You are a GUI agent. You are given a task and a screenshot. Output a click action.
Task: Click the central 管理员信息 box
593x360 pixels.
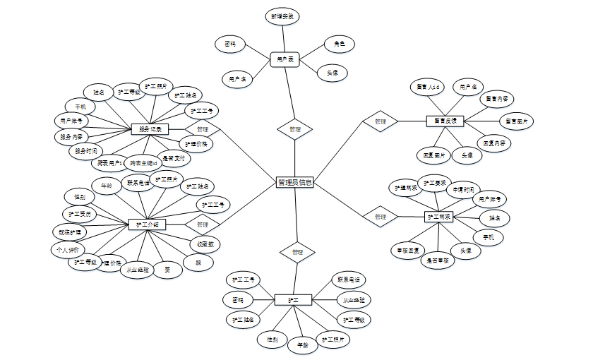295,183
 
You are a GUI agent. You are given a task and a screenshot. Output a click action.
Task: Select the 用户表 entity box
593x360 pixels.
285,59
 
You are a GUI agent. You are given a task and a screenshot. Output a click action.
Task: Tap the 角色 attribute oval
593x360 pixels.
339,44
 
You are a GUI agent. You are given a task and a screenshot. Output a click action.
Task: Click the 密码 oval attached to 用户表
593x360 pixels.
230,44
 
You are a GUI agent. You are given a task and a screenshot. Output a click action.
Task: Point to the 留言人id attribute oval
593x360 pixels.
428,87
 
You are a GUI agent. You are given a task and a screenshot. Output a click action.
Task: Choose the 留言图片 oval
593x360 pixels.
517,121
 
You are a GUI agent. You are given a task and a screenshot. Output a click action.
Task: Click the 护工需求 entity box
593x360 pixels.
439,217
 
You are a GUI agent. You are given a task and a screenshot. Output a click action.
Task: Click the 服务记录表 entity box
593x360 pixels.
150,129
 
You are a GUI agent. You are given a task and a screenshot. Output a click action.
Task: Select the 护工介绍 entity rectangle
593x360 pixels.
147,224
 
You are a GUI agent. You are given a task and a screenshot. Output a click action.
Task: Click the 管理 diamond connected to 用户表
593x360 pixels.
295,129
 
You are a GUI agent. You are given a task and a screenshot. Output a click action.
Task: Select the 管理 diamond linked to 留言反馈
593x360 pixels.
381,121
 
